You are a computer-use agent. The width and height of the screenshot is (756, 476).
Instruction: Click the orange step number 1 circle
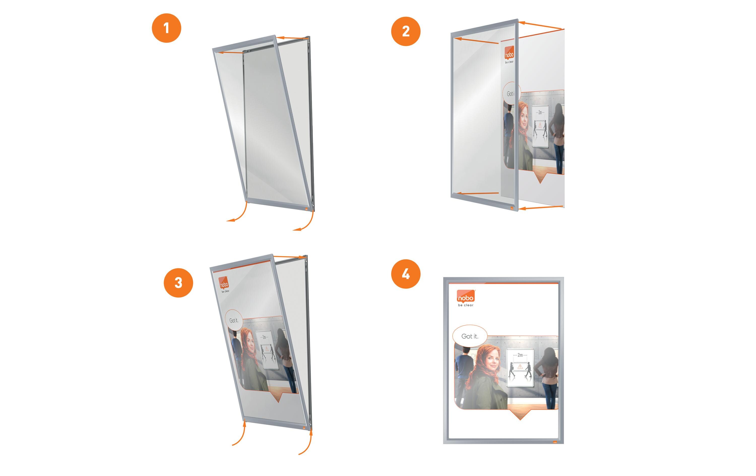pos(166,28)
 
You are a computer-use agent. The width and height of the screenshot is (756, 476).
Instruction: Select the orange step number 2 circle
pos(406,32)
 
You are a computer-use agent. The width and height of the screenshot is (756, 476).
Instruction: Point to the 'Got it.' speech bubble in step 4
pos(470,336)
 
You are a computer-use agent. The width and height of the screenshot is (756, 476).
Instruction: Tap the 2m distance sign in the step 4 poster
pos(520,368)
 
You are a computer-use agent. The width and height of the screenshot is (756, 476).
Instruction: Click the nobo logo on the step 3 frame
pos(224,283)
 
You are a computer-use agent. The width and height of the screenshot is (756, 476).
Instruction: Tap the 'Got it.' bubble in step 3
pos(234,320)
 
